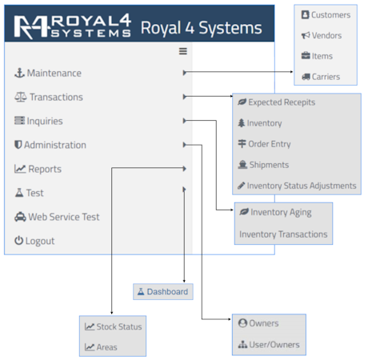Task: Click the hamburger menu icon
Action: tap(183, 51)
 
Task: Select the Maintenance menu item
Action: tap(48, 73)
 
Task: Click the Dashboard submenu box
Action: tap(163, 292)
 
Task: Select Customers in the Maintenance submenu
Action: tap(326, 14)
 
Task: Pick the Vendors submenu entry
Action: tap(322, 35)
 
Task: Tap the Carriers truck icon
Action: tap(306, 77)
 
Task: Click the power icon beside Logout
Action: tap(18, 241)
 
